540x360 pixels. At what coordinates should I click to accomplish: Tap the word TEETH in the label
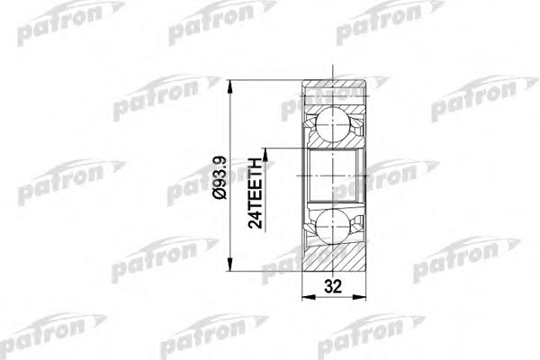(x=255, y=180)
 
